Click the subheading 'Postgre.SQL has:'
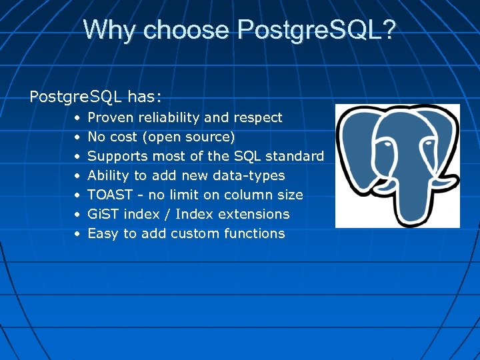[x=95, y=97]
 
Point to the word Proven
[x=110, y=118]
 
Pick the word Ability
[x=108, y=176]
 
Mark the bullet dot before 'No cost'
[x=77, y=137]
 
